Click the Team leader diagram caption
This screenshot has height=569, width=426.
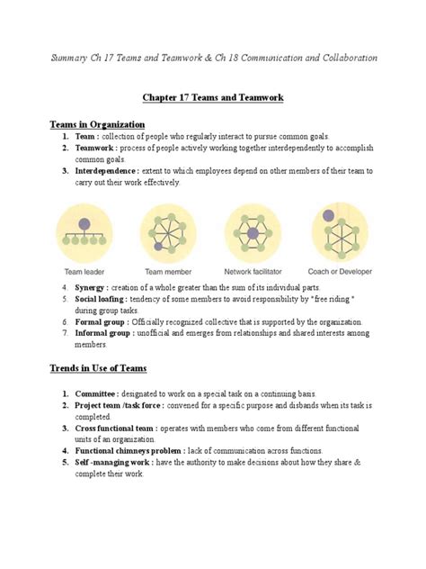click(x=86, y=269)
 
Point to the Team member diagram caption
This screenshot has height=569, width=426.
click(x=168, y=269)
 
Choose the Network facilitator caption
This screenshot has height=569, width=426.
click(x=253, y=269)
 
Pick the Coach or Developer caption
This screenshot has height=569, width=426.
click(x=338, y=269)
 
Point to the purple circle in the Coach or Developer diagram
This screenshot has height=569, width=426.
click(x=328, y=215)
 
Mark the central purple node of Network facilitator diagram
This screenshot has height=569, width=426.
click(x=253, y=233)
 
